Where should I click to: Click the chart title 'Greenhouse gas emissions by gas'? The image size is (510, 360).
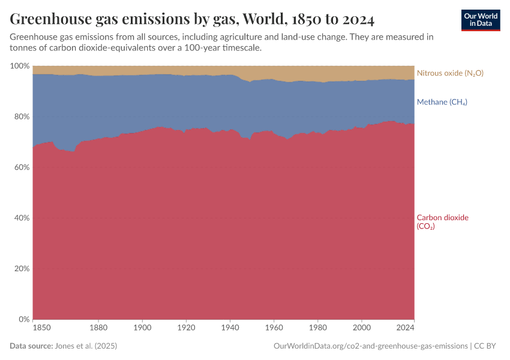tap(192, 20)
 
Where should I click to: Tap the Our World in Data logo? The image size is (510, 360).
tap(480, 20)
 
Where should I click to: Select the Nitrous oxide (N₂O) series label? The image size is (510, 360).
tap(450, 73)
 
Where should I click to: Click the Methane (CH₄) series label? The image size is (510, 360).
tap(442, 102)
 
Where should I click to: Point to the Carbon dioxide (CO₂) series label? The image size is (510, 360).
tap(442, 222)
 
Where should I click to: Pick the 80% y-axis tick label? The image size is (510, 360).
tap(21, 116)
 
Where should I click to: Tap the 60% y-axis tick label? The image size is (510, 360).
tap(21, 167)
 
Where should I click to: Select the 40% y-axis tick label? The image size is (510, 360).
tap(21, 218)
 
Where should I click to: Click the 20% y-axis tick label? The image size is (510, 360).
tap(21, 269)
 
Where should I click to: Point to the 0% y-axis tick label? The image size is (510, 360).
tap(23, 319)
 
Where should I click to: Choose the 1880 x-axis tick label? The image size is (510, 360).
tap(98, 328)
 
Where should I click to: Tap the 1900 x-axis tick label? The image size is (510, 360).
tap(142, 328)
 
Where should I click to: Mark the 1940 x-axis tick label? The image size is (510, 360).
tap(230, 328)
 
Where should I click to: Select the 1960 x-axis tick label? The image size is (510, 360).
tap(274, 328)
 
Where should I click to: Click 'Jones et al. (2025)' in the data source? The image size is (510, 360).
tap(85, 346)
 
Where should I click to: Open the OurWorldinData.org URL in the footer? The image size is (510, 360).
tap(370, 346)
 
